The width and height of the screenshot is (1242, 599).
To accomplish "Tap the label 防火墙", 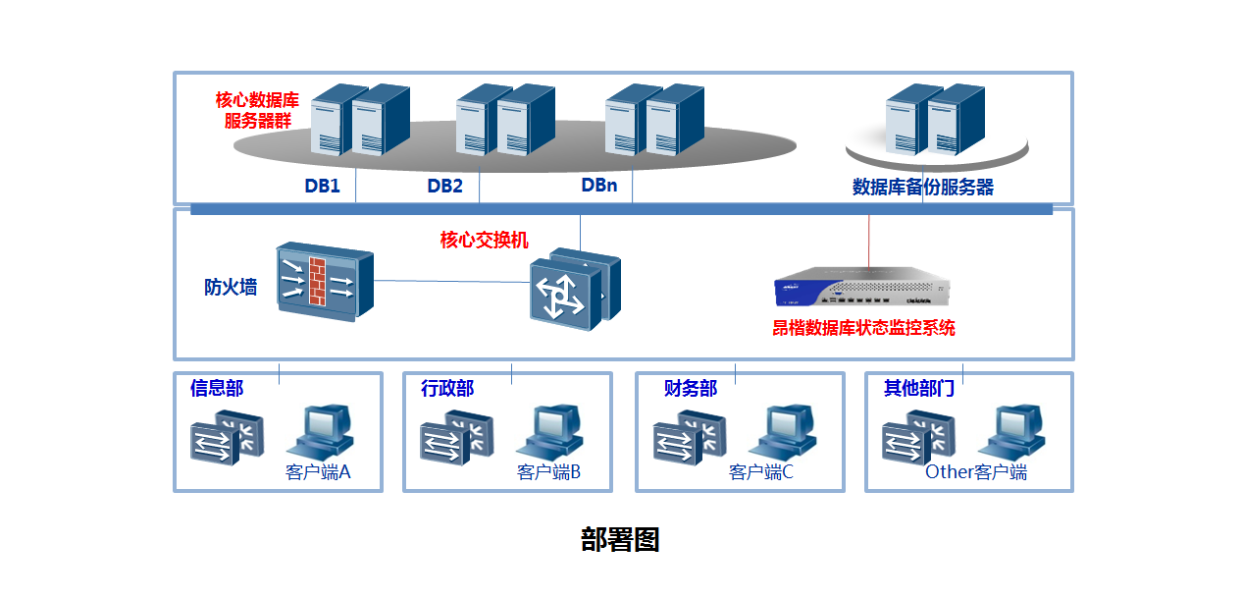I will coord(231,287).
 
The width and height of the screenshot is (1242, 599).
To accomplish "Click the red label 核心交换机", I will coord(485,240).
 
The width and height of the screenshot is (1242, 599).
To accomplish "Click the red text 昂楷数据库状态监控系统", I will coord(863,328).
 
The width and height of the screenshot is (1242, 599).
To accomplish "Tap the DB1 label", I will coord(322,186).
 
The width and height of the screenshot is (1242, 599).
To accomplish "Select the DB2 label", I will coord(444,186).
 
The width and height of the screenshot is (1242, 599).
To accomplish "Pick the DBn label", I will coord(598,185).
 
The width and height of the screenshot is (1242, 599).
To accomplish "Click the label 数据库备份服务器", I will coord(922,187).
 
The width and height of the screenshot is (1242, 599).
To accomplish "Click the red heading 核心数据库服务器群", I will coord(257,110).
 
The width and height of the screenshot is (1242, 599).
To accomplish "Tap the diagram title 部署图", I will coord(620,539).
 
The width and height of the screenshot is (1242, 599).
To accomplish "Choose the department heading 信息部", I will coord(217,388).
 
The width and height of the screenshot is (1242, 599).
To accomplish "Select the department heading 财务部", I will coord(691,388).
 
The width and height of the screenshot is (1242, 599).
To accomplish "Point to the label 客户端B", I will coord(548,472).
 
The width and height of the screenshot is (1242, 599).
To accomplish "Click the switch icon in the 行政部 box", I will coord(456,438).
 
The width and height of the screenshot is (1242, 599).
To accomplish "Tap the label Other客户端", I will coord(976,472).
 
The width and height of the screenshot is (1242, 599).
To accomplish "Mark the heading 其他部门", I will coord(919,388).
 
